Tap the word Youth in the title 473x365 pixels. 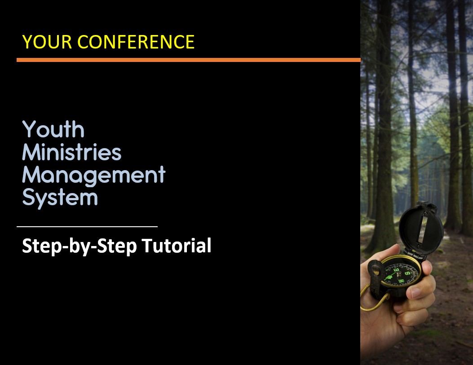coord(53,129)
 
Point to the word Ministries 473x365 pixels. coord(72,152)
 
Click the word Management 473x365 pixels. coord(94,176)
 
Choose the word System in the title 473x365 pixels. coord(60,198)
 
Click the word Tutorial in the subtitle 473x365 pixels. coord(177,246)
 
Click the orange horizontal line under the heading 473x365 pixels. coord(189,60)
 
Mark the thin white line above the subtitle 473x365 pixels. coord(87,226)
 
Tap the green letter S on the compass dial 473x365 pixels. coord(407,273)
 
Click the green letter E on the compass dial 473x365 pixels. coord(396,270)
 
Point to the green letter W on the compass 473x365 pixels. coord(401,281)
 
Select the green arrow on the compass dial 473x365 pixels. coord(389,277)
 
